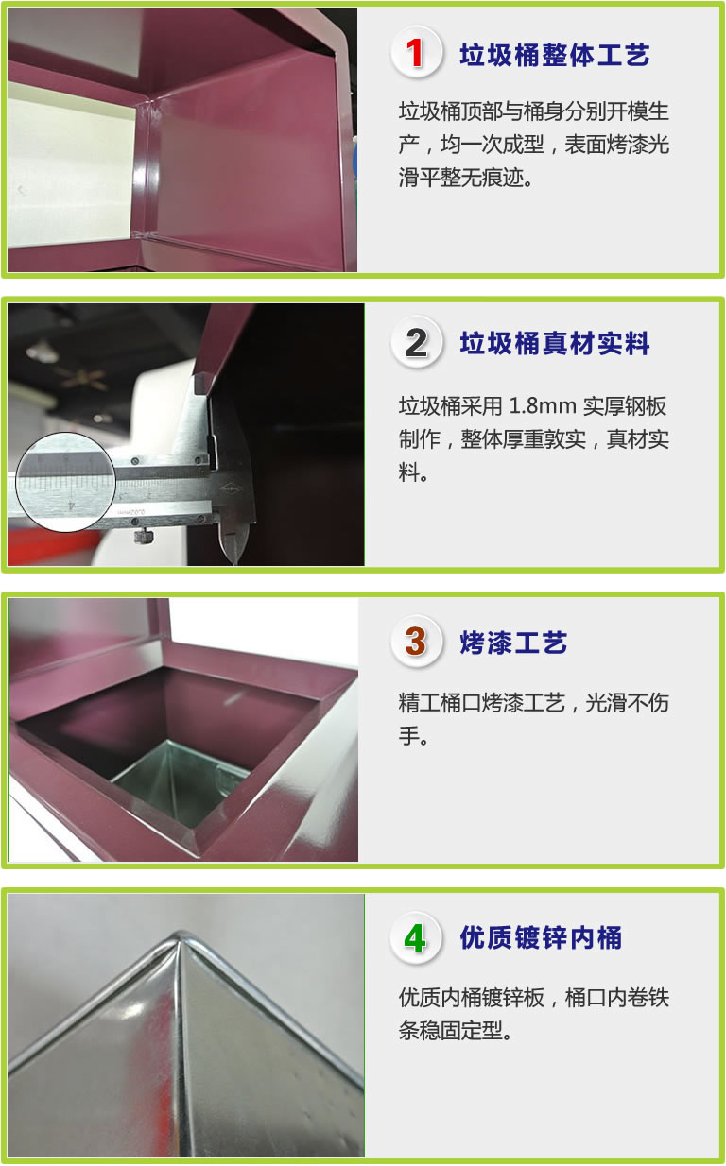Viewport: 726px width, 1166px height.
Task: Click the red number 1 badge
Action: (416, 52)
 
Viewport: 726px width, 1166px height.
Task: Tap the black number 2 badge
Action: (416, 343)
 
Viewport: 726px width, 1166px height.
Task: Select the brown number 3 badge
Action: (416, 642)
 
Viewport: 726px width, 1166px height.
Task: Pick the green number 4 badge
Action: (416, 937)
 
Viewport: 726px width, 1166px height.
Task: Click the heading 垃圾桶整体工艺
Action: (555, 55)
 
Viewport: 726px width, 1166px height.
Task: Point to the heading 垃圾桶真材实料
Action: (555, 344)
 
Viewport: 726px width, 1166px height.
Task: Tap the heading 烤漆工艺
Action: (513, 643)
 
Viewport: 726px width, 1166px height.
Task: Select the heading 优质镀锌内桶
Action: (541, 938)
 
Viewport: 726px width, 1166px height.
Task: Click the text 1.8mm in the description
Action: (543, 406)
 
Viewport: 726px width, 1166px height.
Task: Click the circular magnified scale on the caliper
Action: (65, 482)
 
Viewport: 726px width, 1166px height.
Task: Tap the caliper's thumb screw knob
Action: (143, 535)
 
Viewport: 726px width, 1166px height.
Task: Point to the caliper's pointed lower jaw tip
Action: (233, 562)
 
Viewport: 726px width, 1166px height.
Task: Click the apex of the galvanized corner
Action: (180, 933)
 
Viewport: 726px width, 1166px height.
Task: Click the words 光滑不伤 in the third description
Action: (628, 703)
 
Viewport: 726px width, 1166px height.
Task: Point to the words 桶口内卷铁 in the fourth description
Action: (617, 998)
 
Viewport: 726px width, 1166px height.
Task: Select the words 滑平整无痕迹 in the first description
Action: (461, 178)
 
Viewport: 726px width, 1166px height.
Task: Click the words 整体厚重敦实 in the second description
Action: (524, 439)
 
